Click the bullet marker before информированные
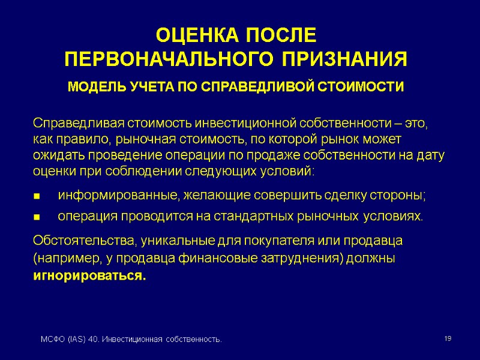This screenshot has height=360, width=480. (37, 196)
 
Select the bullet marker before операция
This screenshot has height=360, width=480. (37, 217)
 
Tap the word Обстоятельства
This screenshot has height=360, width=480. (83, 241)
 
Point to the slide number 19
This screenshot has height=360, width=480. (448, 340)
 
